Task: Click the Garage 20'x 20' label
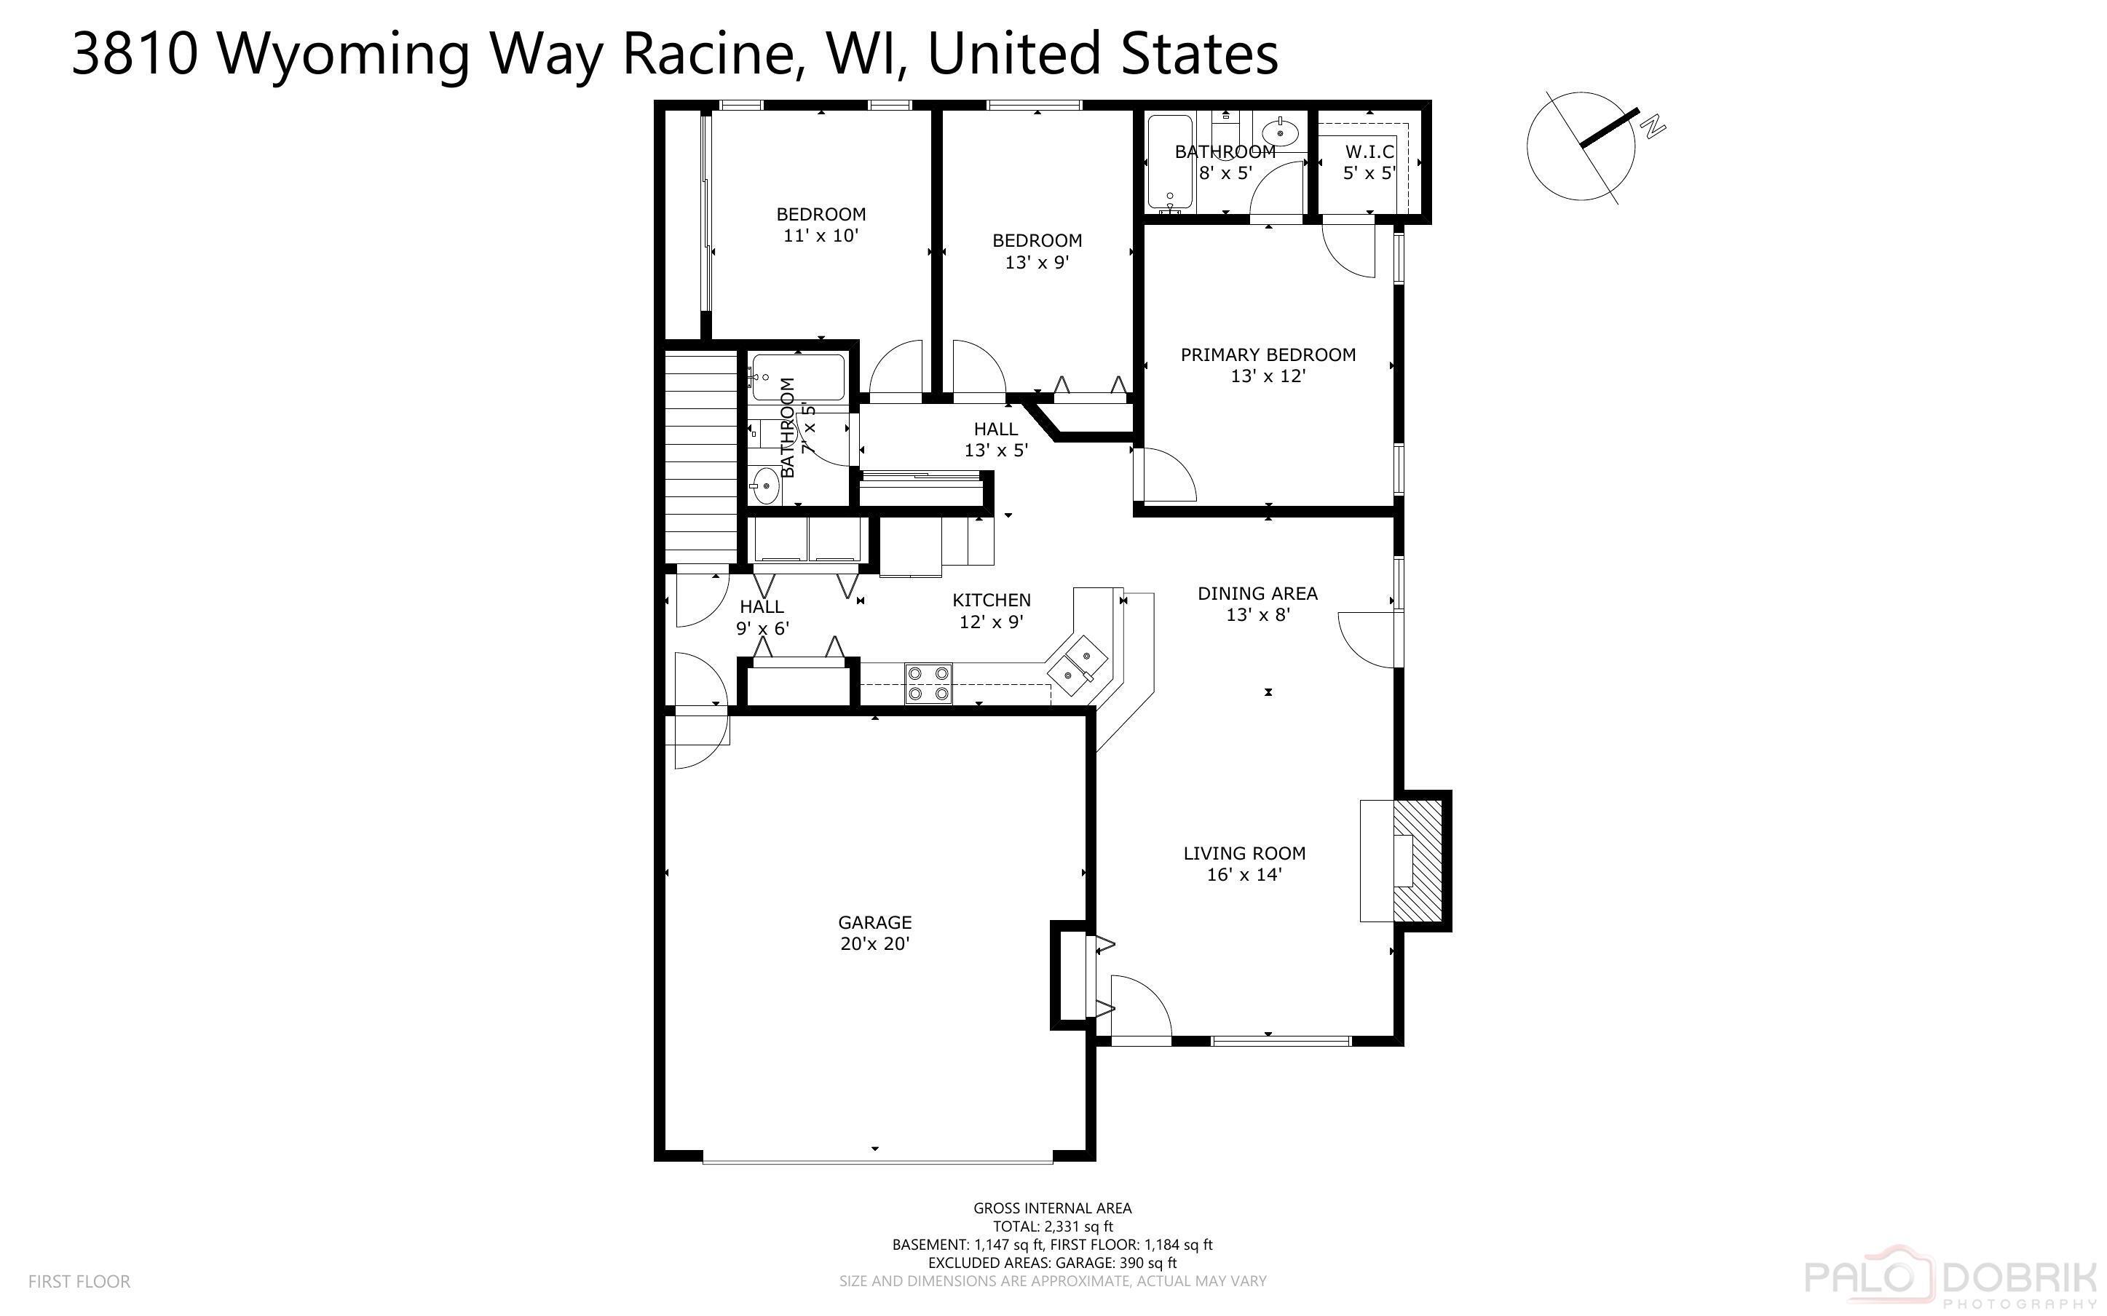(x=874, y=932)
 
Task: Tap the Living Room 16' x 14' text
(x=1244, y=863)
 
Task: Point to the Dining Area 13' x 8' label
(x=1257, y=603)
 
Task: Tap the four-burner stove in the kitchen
(x=928, y=683)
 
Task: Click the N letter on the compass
(x=1653, y=127)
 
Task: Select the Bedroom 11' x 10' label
(x=821, y=223)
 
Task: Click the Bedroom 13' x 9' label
(x=1037, y=250)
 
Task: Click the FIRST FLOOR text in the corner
(x=79, y=1281)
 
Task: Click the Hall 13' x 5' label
(x=996, y=439)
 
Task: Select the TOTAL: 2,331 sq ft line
(x=1052, y=1226)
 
